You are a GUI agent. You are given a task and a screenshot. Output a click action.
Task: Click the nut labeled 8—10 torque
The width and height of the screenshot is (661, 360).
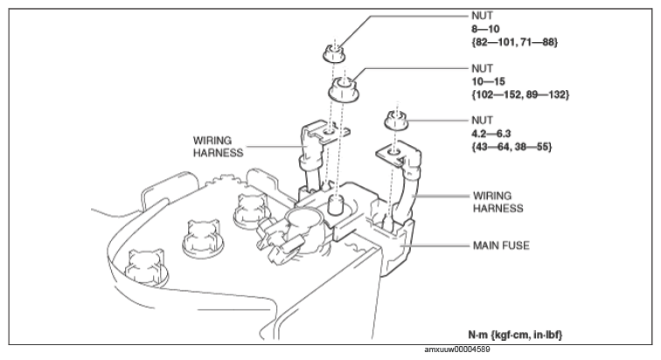[334, 54]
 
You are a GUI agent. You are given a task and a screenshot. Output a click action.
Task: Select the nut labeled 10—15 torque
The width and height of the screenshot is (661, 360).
[344, 90]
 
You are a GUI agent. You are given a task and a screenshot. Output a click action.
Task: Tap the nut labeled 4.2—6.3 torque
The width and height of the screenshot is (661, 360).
[396, 121]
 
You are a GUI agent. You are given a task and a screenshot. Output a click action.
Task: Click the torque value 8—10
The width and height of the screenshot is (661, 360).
[485, 29]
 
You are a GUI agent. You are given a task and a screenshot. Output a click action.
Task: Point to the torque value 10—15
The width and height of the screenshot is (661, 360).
[488, 81]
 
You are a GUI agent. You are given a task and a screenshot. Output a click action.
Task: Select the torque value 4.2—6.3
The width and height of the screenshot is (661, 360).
[491, 134]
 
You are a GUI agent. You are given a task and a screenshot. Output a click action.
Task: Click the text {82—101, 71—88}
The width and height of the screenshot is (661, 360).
[515, 42]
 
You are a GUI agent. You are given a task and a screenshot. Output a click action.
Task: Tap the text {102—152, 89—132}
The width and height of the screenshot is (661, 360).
[520, 94]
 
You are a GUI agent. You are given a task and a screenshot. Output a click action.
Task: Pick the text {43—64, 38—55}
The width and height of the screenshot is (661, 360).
[511, 147]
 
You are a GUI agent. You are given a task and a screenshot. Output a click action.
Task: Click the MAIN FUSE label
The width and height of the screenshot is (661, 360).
[501, 246]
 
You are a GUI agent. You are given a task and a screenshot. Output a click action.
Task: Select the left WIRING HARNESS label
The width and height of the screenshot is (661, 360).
[219, 146]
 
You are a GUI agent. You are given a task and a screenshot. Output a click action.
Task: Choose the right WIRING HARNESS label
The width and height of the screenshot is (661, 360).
[497, 202]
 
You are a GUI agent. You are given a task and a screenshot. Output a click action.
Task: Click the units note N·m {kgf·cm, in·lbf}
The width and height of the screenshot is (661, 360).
[515, 336]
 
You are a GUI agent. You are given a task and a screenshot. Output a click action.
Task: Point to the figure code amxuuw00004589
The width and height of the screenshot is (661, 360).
[457, 350]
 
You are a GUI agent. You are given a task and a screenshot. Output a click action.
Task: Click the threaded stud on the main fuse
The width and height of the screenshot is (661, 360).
[335, 204]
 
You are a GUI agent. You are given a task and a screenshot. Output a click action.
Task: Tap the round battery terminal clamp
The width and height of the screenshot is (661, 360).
[303, 231]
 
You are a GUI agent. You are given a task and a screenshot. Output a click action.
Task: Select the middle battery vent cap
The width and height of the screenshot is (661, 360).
[203, 238]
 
